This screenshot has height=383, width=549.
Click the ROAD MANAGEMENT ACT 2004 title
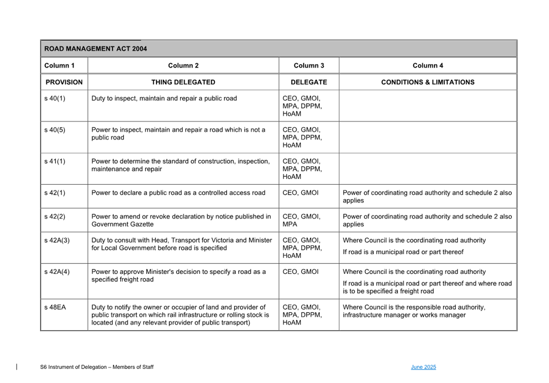(95, 49)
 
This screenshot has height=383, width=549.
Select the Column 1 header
(60, 66)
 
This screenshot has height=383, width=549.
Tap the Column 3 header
(309, 66)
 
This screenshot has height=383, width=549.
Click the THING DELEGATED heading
(183, 82)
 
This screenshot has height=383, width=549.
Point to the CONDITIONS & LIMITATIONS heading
(428, 82)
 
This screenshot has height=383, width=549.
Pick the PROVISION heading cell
(64, 82)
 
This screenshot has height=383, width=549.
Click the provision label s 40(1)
(55, 98)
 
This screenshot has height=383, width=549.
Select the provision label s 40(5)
(55, 130)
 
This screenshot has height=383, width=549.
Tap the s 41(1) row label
(55, 161)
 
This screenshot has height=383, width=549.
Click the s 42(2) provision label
(55, 217)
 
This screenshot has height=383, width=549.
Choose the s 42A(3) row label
(57, 240)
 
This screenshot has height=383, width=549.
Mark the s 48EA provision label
(55, 307)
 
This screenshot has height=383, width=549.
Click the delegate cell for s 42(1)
(300, 193)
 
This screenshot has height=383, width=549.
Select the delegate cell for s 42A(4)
(300, 272)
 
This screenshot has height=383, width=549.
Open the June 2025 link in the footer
(423, 367)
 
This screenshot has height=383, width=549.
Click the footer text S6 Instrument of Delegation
(97, 367)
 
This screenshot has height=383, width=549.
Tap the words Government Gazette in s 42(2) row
(122, 224)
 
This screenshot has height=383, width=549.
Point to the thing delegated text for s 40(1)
(164, 98)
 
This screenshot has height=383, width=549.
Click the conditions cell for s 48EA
(414, 311)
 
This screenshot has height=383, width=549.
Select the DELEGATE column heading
(309, 82)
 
